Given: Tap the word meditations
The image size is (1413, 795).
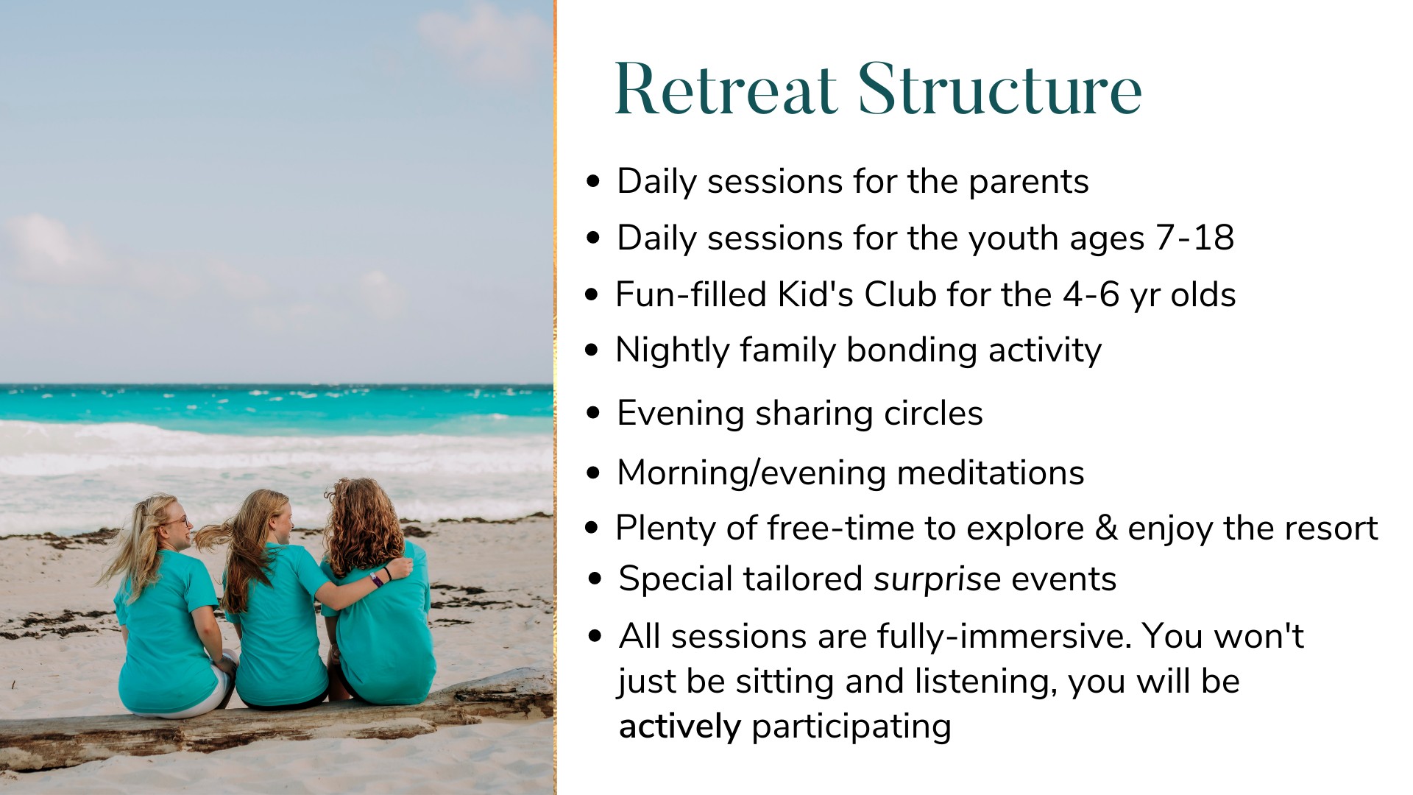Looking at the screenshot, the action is [991, 473].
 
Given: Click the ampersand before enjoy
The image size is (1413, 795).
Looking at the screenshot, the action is [1105, 528].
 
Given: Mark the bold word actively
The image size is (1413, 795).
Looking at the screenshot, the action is [680, 727].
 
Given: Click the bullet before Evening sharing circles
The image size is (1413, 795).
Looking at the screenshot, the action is [593, 413].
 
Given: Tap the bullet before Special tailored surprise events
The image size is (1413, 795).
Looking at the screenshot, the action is [595, 579].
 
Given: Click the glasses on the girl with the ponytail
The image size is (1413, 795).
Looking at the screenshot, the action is [177, 521].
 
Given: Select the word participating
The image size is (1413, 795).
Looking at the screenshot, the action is [851, 727].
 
